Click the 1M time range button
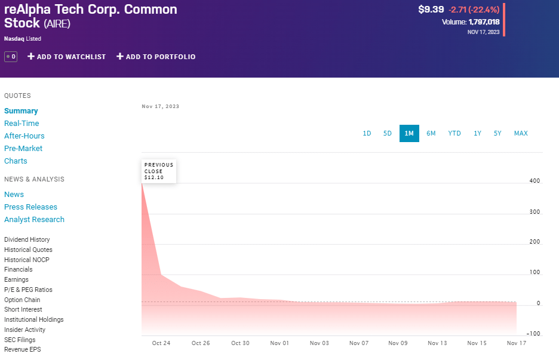coord(409,133)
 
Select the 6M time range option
coord(431,133)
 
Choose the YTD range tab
coord(454,133)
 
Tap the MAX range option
coord(521,133)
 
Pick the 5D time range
coord(388,133)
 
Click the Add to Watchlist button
coord(67,57)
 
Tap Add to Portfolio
coord(156,57)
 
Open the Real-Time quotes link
coord(21,124)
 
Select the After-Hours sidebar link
coord(24,136)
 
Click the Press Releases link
coord(30,207)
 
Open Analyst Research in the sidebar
coord(34,220)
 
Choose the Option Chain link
coord(22,300)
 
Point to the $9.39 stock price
coord(431,10)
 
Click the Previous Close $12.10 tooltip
coord(159,171)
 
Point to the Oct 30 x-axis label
coord(240,343)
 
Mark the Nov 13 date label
coord(437,343)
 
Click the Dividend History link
coord(27,239)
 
